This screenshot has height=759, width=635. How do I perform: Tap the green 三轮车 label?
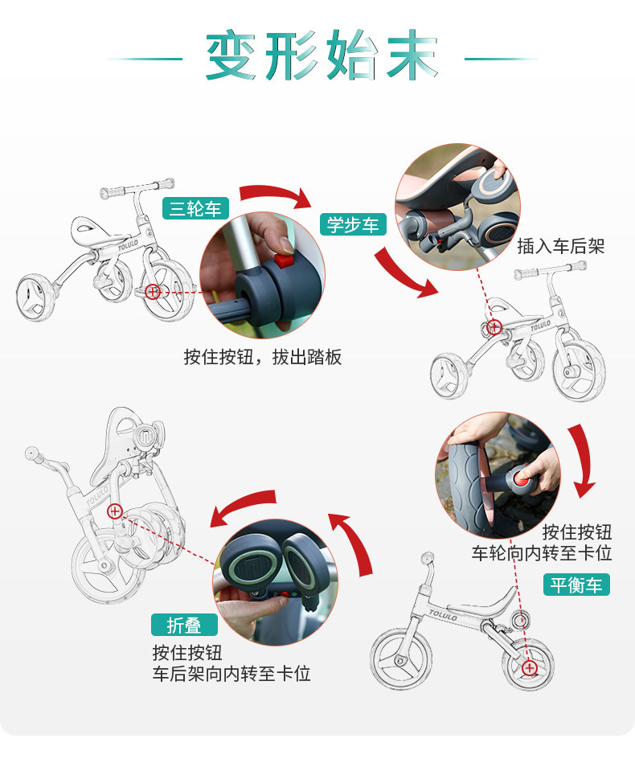195,208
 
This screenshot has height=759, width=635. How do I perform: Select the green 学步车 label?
353,224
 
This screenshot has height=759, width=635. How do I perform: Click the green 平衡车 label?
576,585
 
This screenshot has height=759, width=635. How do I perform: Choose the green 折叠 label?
184,625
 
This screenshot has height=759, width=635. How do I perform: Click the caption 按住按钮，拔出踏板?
263,357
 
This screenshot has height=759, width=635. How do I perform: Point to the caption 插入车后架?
561,246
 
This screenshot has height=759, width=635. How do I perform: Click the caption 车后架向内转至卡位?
231,673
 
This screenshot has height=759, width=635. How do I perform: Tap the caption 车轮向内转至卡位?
542,553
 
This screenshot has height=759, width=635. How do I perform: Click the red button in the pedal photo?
284,261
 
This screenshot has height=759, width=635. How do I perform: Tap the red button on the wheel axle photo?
522,480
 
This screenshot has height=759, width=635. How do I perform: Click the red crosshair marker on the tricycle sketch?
153,291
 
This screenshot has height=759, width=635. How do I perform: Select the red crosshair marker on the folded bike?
115,511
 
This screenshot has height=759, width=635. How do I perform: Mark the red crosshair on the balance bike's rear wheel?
530,668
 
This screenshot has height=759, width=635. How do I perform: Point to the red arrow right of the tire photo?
582,461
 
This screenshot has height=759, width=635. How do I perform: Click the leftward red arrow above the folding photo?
242,507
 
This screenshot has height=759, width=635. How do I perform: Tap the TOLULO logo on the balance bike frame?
443,615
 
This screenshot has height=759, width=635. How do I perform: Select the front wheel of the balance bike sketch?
401,658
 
